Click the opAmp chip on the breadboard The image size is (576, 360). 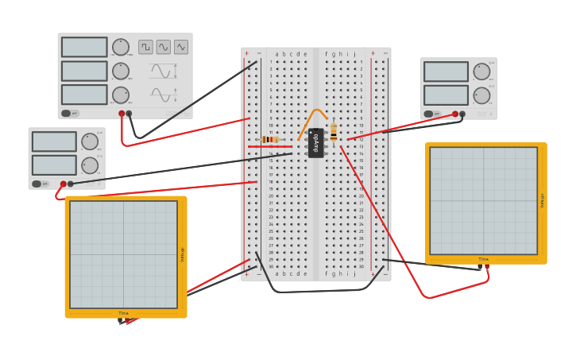[x=315, y=143]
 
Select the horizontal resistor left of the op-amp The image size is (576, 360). [x=270, y=140]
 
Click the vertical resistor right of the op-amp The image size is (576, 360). [x=333, y=132]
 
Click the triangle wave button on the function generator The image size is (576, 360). [x=181, y=47]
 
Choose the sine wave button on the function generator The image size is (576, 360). [x=164, y=47]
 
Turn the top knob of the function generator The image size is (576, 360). [x=120, y=47]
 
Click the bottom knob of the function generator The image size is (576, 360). [x=120, y=95]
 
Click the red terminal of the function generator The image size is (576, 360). [x=122, y=114]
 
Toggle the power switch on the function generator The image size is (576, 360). [x=70, y=113]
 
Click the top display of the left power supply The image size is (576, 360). [x=54, y=141]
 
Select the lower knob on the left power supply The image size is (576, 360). [x=89, y=165]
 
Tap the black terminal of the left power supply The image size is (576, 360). [x=71, y=184]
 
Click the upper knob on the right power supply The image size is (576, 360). [x=481, y=72]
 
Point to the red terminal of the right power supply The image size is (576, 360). [x=456, y=114]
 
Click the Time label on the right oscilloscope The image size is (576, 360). [x=483, y=259]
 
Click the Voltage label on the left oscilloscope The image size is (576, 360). [x=182, y=254]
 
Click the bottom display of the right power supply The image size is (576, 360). [x=446, y=95]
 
